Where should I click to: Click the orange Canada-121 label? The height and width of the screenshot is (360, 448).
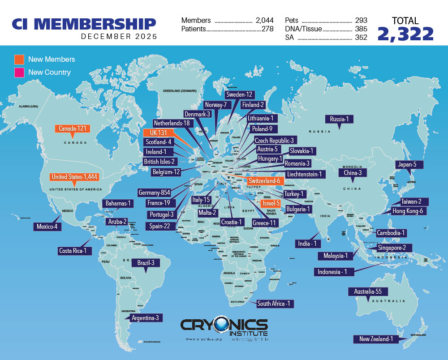click(72, 129)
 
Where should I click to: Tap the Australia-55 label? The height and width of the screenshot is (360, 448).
click(368, 291)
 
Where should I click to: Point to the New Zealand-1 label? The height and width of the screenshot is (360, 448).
click(375, 339)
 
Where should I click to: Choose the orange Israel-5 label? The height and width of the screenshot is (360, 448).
click(271, 203)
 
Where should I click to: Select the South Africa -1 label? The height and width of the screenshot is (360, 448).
click(274, 304)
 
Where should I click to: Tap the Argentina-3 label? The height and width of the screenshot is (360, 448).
click(144, 318)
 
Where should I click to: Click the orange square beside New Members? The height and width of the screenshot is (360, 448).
click(19, 59)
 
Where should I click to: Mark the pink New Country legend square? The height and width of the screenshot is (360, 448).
click(19, 72)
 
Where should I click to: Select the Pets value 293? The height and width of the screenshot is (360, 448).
click(360, 21)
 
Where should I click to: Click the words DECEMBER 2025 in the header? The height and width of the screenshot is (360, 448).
click(119, 37)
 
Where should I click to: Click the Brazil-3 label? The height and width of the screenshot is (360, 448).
click(146, 263)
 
